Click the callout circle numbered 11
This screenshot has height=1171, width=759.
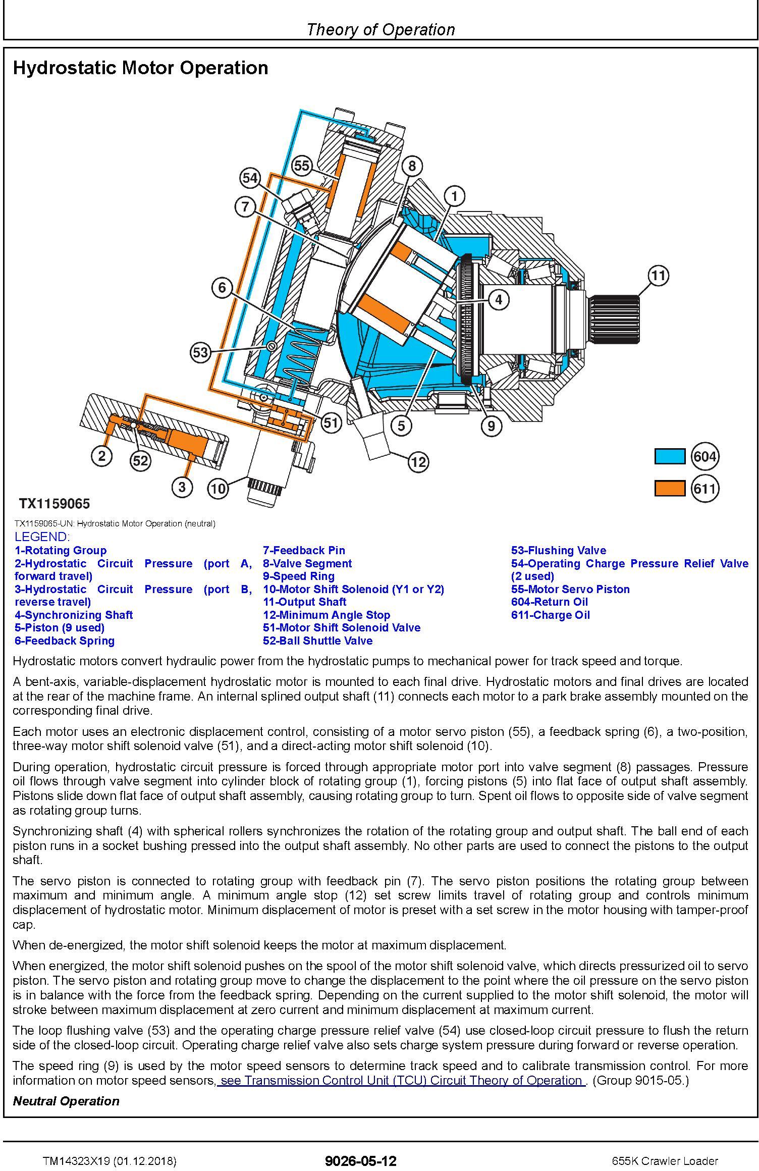(x=658, y=276)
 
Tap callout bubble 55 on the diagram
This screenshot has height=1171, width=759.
(x=302, y=166)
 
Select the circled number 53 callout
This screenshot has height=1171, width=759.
(x=200, y=352)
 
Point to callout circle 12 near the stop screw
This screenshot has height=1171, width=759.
(x=418, y=461)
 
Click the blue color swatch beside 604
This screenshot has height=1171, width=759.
(x=670, y=456)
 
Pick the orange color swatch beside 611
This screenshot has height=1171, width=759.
(x=670, y=489)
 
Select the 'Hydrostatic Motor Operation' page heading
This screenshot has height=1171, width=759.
(x=140, y=68)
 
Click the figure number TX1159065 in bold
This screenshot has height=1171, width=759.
(x=55, y=503)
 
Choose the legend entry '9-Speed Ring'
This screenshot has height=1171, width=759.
(x=299, y=576)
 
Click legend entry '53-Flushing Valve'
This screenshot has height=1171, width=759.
(x=559, y=550)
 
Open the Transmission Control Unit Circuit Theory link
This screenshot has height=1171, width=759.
(x=402, y=1080)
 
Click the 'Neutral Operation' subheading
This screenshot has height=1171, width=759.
(x=66, y=1101)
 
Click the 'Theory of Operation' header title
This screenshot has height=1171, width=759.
(x=381, y=30)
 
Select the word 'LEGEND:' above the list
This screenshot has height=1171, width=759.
(x=42, y=537)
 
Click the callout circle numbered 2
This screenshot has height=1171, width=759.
(x=102, y=456)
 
